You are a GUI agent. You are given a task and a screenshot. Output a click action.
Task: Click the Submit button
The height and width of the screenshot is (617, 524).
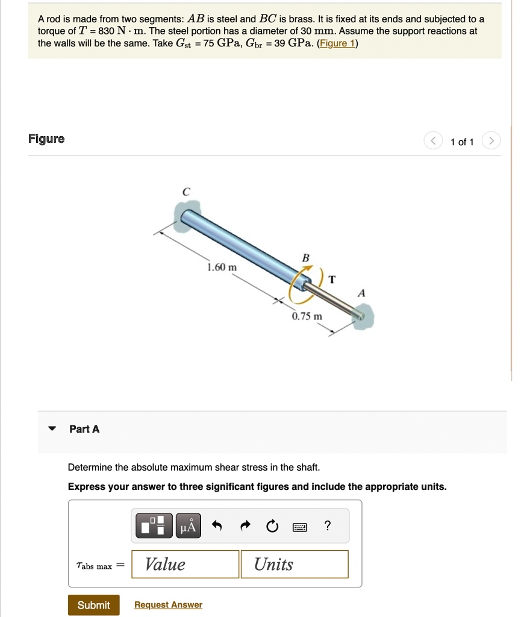pyautogui.click(x=93, y=605)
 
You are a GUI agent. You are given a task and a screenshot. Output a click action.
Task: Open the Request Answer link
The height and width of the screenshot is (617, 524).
pyautogui.click(x=168, y=605)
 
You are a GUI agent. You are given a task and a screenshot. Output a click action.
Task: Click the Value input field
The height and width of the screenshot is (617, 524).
pyautogui.click(x=185, y=564)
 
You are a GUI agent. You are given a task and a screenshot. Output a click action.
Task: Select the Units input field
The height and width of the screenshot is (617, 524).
pyautogui.click(x=294, y=564)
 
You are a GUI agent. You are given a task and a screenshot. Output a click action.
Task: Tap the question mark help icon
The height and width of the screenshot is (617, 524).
pyautogui.click(x=326, y=526)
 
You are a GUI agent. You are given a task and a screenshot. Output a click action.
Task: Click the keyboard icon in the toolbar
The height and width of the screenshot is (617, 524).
pyautogui.click(x=299, y=527)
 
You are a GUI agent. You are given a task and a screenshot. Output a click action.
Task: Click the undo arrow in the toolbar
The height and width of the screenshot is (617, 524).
pyautogui.click(x=217, y=527)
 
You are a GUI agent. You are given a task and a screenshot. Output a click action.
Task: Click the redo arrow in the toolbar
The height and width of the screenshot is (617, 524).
pyautogui.click(x=245, y=527)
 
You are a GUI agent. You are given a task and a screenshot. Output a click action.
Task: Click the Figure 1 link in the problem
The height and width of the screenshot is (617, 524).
pyautogui.click(x=337, y=43)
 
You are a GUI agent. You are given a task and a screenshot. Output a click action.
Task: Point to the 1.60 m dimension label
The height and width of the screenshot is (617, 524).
pyautogui.click(x=222, y=267)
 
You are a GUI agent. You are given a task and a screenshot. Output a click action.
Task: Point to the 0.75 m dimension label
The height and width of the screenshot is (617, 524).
pyautogui.click(x=307, y=316)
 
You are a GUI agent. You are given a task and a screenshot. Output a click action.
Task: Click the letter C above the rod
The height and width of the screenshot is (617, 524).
pyautogui.click(x=186, y=192)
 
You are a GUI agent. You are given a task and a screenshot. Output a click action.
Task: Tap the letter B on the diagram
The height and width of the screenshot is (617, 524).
pyautogui.click(x=305, y=258)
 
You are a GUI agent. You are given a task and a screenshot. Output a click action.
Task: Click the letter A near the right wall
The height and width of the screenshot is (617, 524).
pyautogui.click(x=361, y=293)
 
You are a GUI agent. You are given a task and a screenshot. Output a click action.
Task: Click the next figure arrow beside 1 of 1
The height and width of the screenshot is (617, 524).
pyautogui.click(x=491, y=142)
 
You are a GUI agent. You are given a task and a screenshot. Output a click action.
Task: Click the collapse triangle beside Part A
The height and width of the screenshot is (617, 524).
pyautogui.click(x=52, y=429)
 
